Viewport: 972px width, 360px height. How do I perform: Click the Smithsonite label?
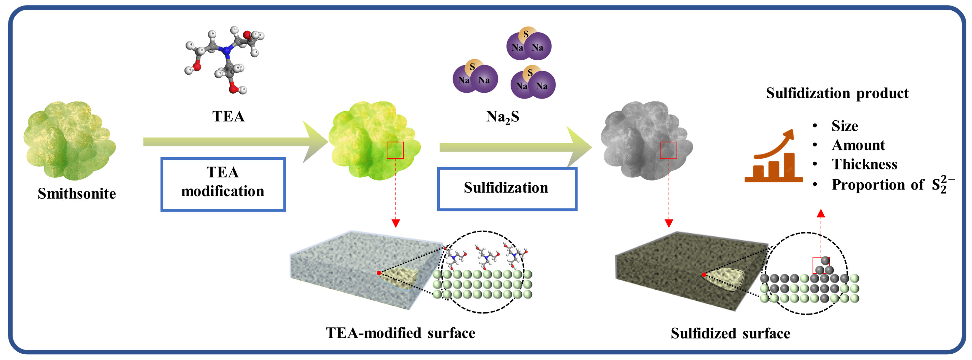(x=77, y=193)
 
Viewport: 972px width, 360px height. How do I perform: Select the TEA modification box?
(x=223, y=184)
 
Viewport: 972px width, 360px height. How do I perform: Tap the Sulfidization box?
(x=507, y=189)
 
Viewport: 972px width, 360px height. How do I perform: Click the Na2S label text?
(x=503, y=117)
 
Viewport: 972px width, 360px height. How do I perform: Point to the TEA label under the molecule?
(x=228, y=116)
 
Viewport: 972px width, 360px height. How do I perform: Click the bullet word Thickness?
(x=864, y=164)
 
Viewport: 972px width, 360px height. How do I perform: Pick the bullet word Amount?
(x=858, y=145)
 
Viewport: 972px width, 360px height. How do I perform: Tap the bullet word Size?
(x=844, y=126)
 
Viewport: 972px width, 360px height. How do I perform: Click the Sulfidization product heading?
(x=837, y=93)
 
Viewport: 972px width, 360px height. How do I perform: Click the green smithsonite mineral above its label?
(x=69, y=140)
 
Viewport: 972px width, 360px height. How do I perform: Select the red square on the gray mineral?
(x=668, y=150)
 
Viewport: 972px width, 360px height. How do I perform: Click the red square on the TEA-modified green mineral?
(x=395, y=150)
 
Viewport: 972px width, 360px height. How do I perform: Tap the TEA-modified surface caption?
(x=400, y=333)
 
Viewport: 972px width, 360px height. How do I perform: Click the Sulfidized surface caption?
(x=730, y=333)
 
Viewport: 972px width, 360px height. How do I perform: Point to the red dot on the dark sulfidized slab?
(x=704, y=275)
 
